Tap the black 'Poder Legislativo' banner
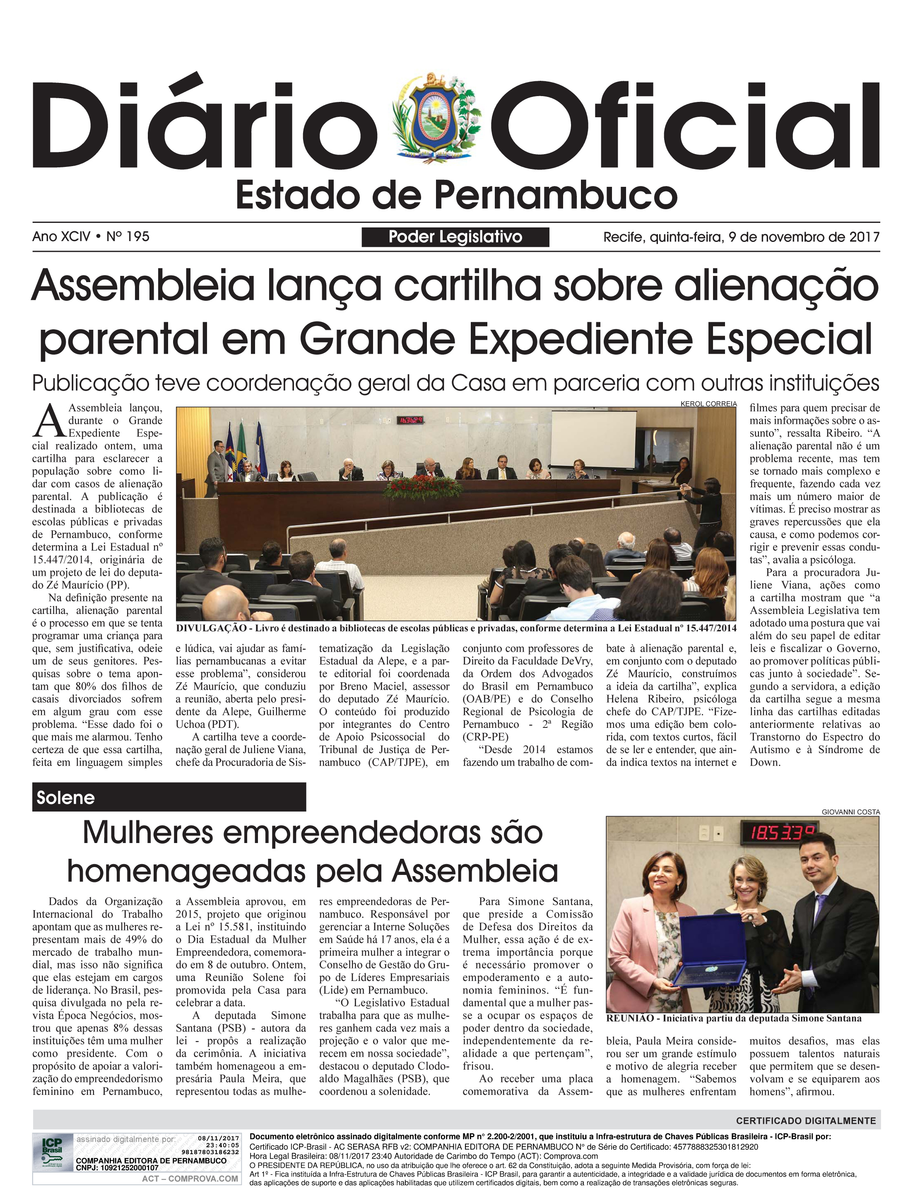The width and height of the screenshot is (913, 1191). [455, 237]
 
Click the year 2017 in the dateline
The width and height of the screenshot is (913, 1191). [864, 237]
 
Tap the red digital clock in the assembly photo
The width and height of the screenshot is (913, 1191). [410, 420]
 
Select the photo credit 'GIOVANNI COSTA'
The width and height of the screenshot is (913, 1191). [850, 812]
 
